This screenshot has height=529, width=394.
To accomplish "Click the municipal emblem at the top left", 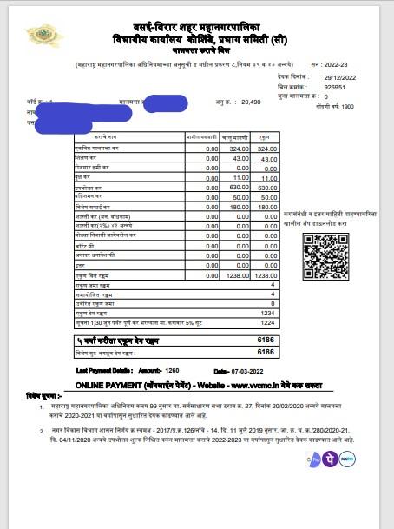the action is [37, 36].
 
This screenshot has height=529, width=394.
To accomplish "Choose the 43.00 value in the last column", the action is [266, 159].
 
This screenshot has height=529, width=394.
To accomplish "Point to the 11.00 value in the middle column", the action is [237, 177].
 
